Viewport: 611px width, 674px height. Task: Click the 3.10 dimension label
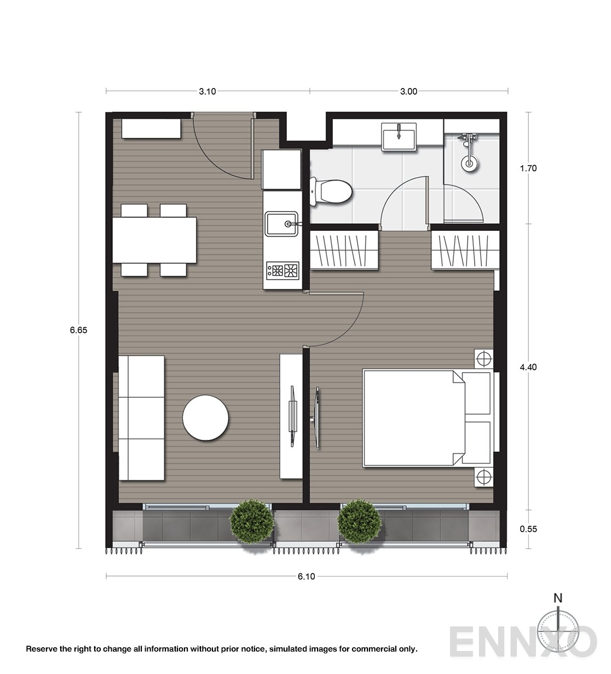coord(207,91)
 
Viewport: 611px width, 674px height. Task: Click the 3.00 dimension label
coord(408,91)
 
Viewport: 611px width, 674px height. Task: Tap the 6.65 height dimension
coord(79,330)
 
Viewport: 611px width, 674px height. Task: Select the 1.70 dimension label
coord(528,168)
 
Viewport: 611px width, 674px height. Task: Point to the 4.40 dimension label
coord(528,367)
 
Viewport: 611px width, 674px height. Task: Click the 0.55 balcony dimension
coord(528,528)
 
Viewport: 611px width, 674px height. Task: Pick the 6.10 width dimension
coord(307,576)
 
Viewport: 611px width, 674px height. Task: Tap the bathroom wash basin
coord(400,136)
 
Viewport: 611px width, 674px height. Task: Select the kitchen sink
coord(281,223)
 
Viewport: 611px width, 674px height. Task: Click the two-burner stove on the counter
coord(283,269)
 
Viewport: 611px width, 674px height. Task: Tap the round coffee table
coord(205,417)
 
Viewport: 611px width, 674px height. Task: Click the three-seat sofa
coord(141,419)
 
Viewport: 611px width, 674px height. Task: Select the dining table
coord(155,240)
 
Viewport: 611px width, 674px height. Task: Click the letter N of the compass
coord(557,598)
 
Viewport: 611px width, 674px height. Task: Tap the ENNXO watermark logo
coord(523,643)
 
